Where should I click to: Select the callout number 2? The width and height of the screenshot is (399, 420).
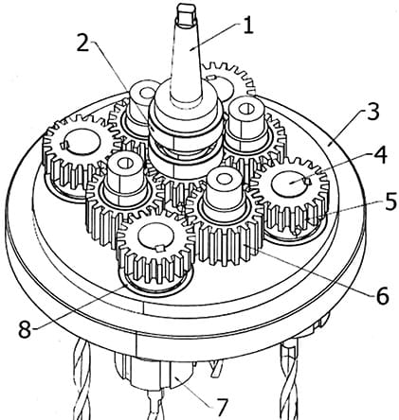pos(82,43)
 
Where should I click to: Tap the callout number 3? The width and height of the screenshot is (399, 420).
pos(372,111)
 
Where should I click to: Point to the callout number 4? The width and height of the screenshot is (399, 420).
pos(379,155)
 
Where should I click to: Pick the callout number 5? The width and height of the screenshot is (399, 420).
pos(390,201)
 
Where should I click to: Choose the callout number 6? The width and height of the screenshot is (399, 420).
pos(382,296)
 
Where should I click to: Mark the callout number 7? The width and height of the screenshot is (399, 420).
pos(221,407)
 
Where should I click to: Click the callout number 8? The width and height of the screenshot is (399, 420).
pos(25,329)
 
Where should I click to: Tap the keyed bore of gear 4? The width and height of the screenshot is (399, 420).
pos(291,184)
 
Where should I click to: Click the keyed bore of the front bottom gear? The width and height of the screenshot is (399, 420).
pos(156,237)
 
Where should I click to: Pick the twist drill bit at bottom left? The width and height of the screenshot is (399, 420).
pos(82,381)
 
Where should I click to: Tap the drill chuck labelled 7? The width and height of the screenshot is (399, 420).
pos(154,372)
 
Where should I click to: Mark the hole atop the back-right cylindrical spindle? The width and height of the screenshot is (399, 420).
pos(245,109)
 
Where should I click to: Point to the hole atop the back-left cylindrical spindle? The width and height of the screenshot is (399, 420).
pos(147,93)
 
